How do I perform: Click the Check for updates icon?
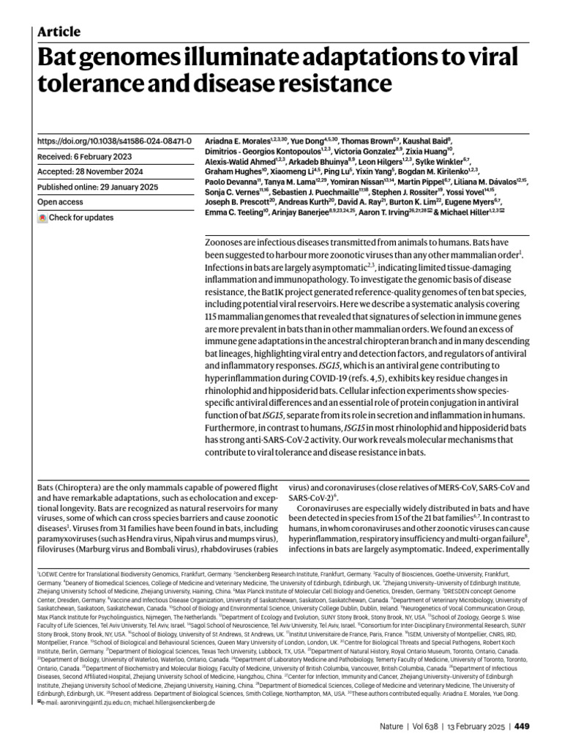click(43, 218)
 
